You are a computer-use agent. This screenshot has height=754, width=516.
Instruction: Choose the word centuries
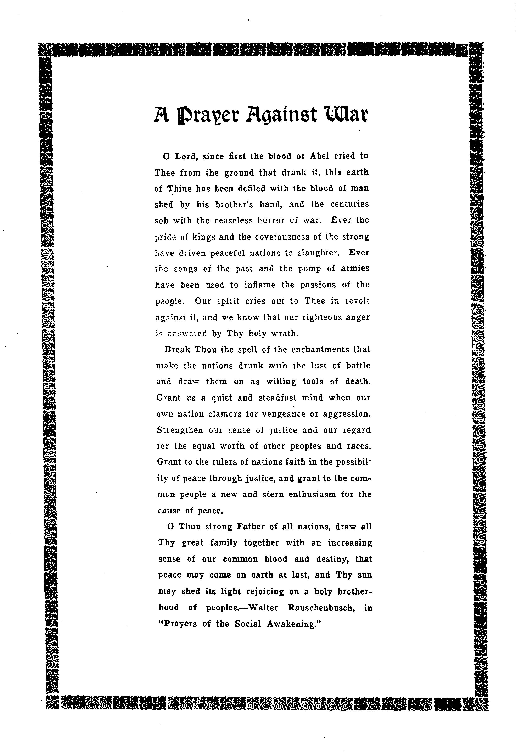tap(349, 204)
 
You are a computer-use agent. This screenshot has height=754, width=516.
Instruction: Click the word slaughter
tap(318, 253)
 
